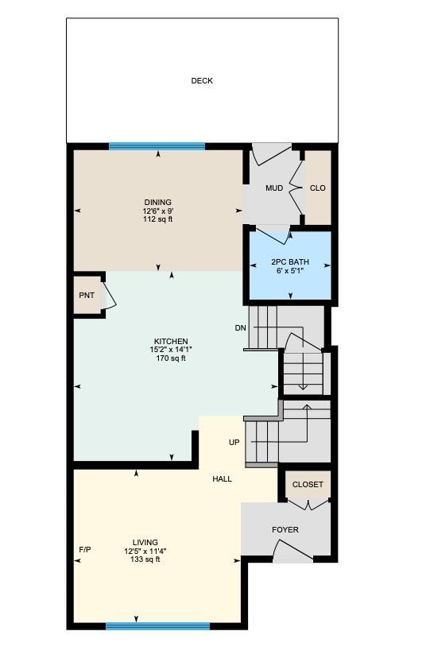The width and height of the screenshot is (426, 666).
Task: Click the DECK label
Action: tap(202, 81)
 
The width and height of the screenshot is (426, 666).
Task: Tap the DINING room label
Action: tap(157, 203)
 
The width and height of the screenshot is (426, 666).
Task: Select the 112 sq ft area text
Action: tap(157, 219)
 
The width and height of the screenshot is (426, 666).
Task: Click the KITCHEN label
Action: tap(171, 342)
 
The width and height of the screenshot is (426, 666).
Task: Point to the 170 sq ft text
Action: tap(171, 358)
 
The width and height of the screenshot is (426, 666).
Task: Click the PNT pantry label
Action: tap(87, 296)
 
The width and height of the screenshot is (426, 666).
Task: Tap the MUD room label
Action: tap(274, 188)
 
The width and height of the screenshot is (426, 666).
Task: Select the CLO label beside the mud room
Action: tap(318, 188)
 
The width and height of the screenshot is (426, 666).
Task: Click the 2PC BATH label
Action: tap(290, 261)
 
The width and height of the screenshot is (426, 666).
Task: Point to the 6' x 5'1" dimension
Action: tap(290, 270)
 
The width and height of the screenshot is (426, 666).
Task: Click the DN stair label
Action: tap(240, 328)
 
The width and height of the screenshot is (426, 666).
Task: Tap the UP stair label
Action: tap(234, 443)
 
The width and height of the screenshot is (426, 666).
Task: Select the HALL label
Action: tap(223, 479)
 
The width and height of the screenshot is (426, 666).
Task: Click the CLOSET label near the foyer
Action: tap(308, 485)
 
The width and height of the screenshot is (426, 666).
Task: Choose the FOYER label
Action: tap(285, 530)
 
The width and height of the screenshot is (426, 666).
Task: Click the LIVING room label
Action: tap(145, 543)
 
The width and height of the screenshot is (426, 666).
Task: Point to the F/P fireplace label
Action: tap(85, 551)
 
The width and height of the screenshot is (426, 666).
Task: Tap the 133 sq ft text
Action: tap(145, 560)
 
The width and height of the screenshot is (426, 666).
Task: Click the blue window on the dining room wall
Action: tap(157, 146)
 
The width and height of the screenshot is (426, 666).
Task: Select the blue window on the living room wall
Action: tap(157, 626)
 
